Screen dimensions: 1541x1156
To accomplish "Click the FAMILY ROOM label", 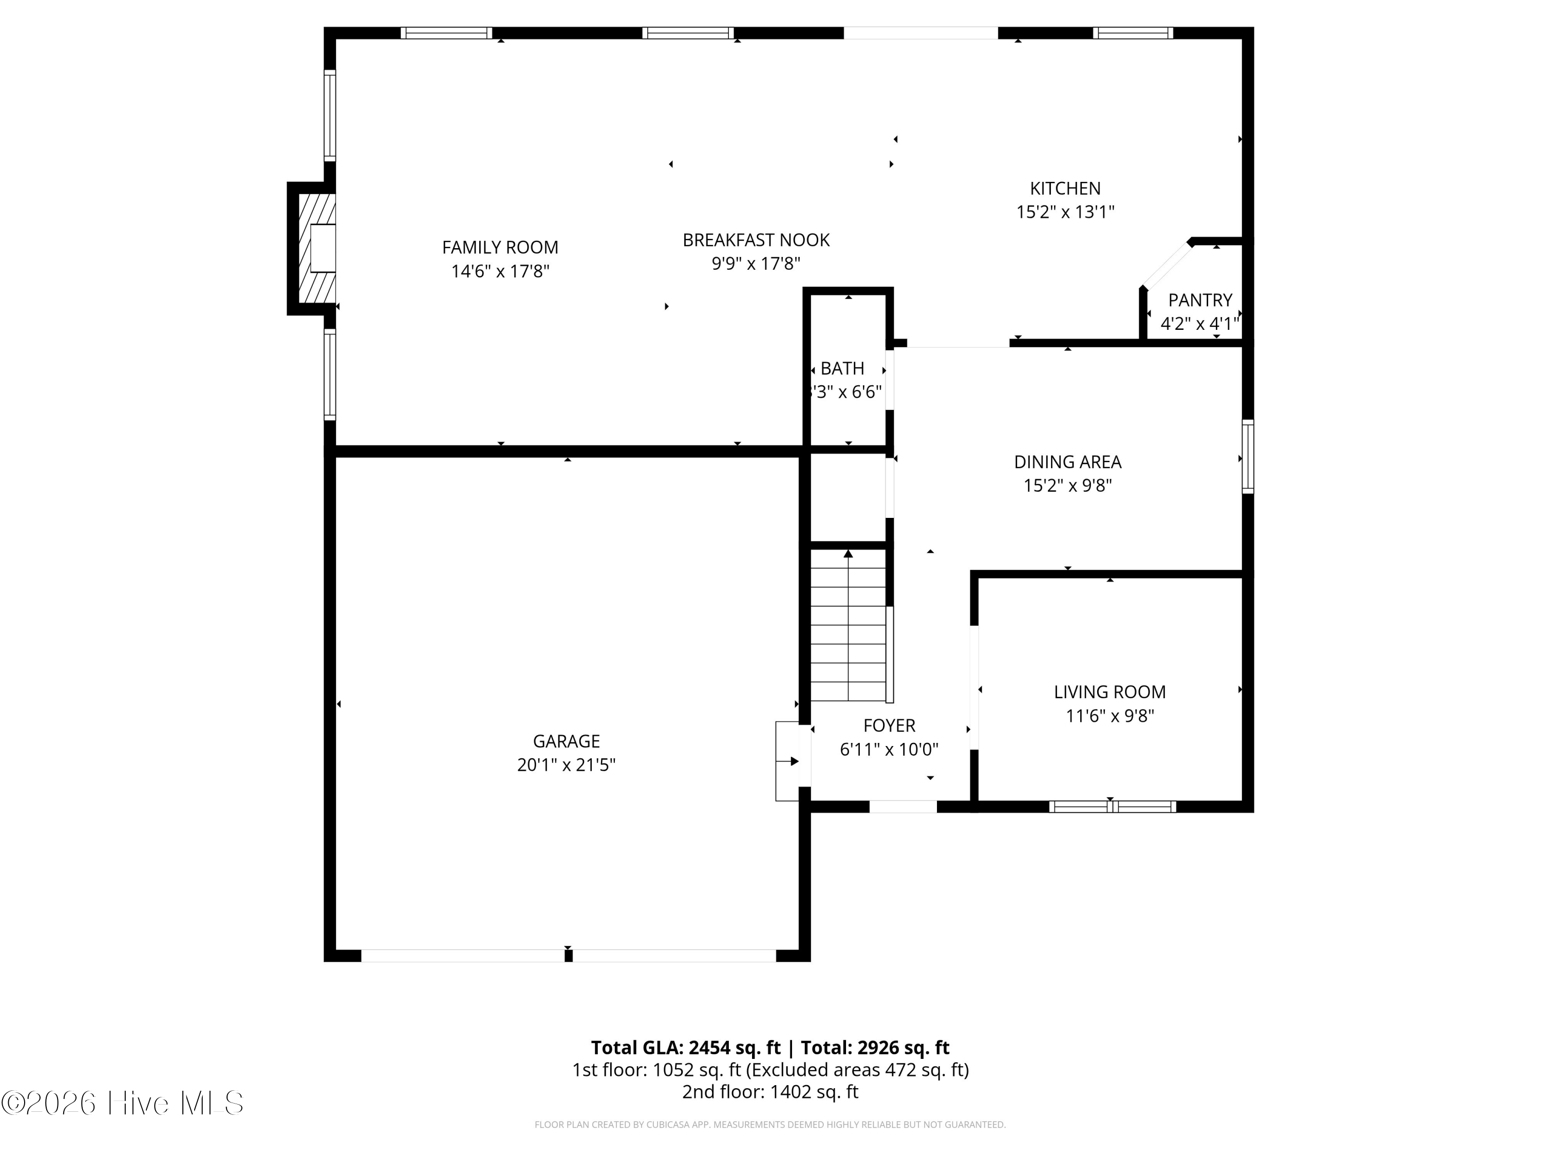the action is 500,247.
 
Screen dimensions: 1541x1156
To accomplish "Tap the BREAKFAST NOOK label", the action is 756,240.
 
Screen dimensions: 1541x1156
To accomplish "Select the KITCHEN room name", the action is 1065,188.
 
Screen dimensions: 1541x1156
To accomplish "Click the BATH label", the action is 842,368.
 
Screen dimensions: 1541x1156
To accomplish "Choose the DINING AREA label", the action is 1067,462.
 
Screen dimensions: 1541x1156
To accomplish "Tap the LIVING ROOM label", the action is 1110,692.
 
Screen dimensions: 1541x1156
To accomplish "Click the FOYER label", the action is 889,725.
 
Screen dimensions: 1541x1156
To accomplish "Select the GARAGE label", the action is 567,741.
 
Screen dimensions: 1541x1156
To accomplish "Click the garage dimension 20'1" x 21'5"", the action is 567,765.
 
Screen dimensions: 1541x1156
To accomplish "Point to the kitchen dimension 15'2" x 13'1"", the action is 1065,212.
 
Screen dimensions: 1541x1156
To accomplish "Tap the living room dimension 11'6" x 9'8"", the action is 1110,716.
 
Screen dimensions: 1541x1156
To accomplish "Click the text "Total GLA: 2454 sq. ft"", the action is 686,1047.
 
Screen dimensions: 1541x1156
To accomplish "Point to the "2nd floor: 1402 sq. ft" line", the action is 770,1092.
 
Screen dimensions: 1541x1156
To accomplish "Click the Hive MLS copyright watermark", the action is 123,1103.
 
